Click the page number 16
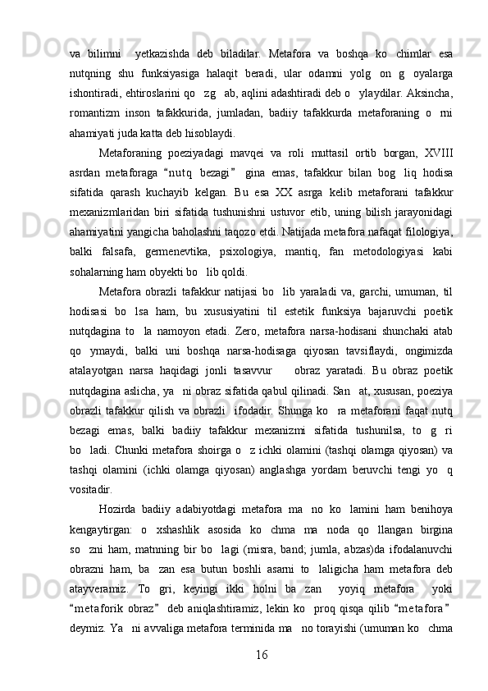click(260, 655)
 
